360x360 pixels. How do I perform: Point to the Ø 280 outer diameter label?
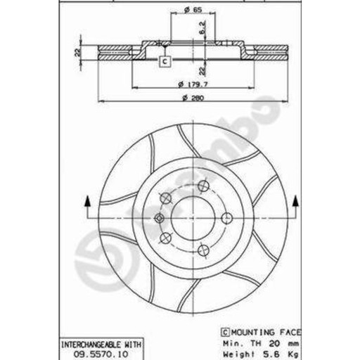click(x=192, y=98)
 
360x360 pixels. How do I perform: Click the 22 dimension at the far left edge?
click(x=78, y=51)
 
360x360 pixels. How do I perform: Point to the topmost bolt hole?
click(x=203, y=186)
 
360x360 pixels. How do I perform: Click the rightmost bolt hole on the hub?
click(x=226, y=218)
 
